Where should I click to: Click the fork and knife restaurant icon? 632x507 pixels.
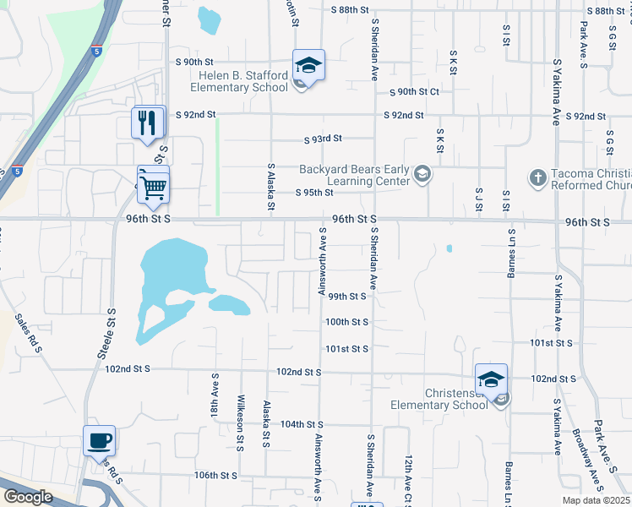pos(148,123)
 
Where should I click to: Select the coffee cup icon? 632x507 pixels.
pos(99,440)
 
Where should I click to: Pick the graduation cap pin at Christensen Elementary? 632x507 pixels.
pos(491,379)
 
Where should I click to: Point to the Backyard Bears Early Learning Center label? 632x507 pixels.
pos(355,175)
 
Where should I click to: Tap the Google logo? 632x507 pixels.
pos(27,497)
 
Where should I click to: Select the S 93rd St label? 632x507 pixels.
pos(323,139)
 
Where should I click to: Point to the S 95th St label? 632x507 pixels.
pos(314,193)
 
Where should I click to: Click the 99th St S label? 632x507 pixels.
pos(347,297)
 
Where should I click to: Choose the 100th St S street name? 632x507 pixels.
pos(347,322)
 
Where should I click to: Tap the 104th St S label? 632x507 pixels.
pos(302,423)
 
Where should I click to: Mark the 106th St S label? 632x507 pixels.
pos(215,475)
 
